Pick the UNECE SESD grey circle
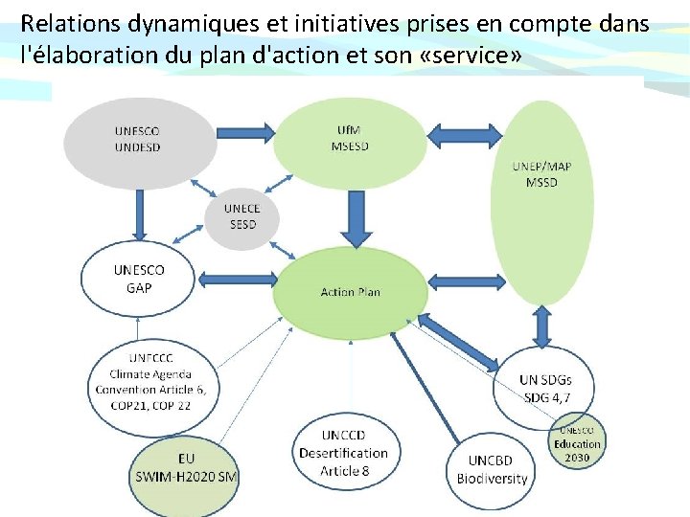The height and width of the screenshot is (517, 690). (241, 217)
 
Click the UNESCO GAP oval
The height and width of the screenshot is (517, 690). (139, 279)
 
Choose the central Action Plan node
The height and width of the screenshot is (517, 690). (350, 290)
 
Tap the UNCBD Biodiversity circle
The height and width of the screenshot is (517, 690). (492, 469)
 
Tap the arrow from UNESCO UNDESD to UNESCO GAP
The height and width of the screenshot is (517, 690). (138, 214)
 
